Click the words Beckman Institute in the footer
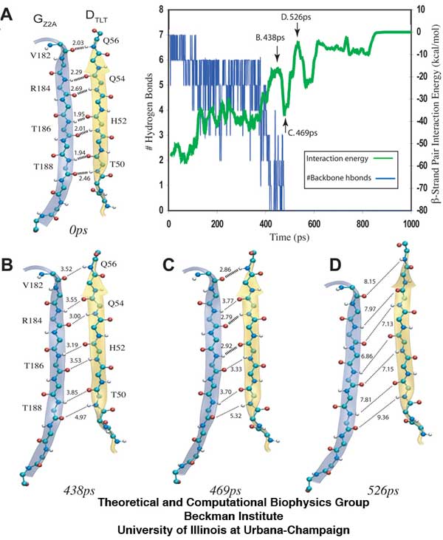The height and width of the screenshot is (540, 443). pos(221,516)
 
